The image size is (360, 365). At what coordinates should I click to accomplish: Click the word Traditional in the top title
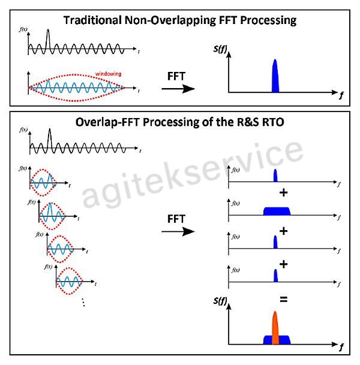coord(93,20)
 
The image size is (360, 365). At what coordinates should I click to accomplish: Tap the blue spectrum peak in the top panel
coord(275,76)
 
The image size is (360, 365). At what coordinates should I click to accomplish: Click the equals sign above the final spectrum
coord(284,298)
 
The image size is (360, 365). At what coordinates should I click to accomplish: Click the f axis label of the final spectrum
coord(341,347)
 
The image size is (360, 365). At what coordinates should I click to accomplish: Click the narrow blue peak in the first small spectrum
coord(275,176)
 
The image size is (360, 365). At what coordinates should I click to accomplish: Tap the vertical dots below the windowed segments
coord(83,303)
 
